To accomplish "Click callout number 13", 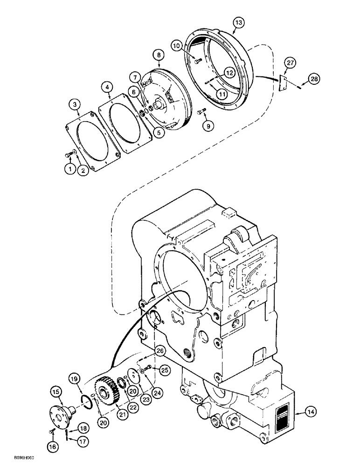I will pyautogui.click(x=238, y=22).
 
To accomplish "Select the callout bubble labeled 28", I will pyautogui.click(x=314, y=80).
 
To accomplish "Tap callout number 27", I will pyautogui.click(x=290, y=62).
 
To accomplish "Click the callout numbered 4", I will pyautogui.click(x=108, y=87).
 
